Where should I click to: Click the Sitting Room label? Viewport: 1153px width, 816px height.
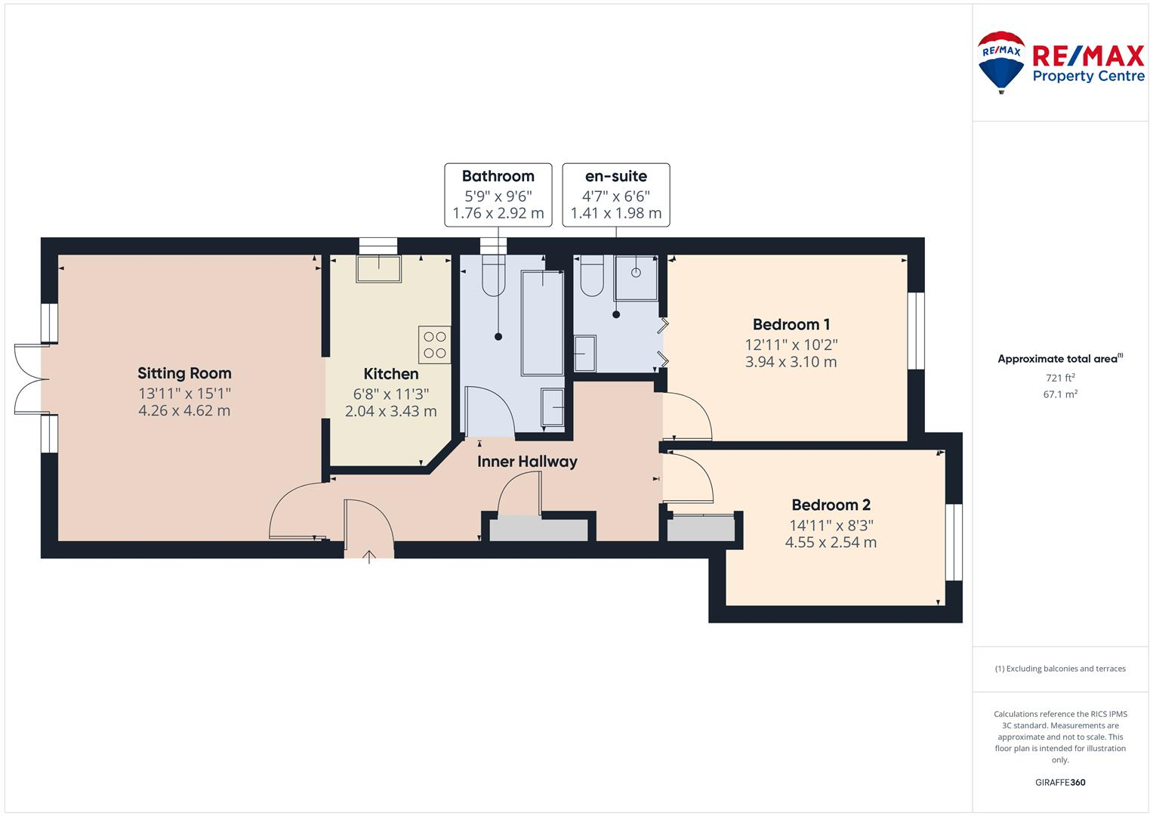(184, 373)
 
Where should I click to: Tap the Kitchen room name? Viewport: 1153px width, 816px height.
(390, 374)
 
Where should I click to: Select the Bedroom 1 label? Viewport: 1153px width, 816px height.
(791, 325)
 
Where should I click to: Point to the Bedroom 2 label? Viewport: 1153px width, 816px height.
(831, 505)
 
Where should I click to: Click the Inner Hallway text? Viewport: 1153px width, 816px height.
(527, 462)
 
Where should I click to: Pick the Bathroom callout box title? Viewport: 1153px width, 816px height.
(498, 176)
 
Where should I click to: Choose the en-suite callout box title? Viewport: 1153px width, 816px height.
(615, 176)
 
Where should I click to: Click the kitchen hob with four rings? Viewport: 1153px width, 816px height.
(434, 345)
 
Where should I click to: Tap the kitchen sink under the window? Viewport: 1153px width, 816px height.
(378, 269)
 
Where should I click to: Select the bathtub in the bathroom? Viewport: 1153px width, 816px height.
(542, 323)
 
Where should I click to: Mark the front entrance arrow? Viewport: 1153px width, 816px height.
(369, 558)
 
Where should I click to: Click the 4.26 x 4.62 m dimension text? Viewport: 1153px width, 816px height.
(184, 411)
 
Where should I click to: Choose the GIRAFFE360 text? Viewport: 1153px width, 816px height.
(1059, 782)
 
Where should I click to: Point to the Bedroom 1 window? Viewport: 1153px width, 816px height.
(916, 331)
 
